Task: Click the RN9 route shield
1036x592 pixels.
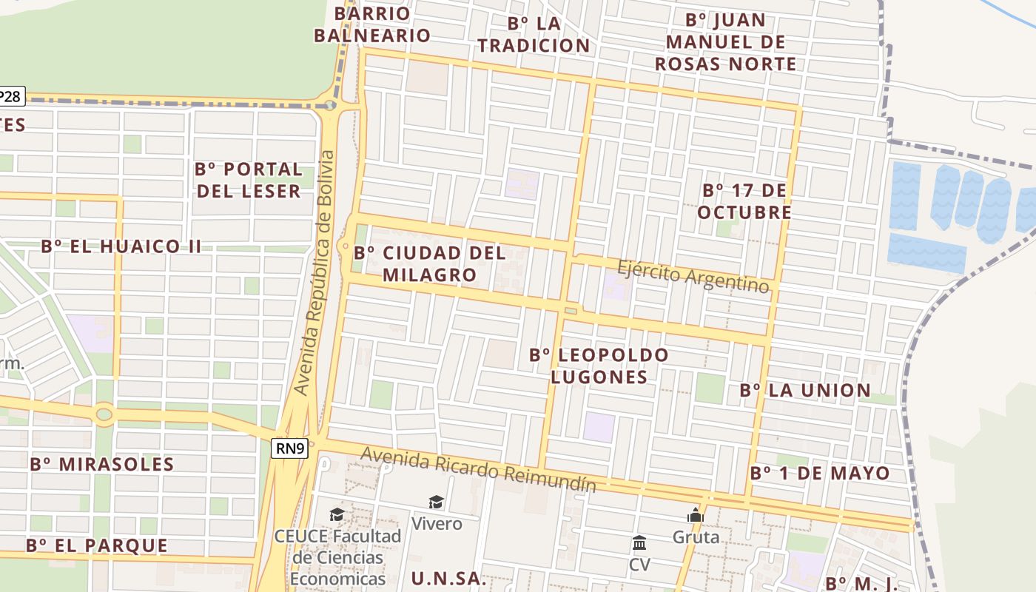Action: point(289,448)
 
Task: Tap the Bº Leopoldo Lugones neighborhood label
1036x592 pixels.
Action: point(599,366)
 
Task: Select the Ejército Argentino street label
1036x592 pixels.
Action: point(693,275)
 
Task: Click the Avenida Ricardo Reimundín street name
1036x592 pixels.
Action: point(479,469)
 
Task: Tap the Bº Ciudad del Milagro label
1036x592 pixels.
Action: point(430,263)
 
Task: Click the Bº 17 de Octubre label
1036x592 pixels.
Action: point(744,201)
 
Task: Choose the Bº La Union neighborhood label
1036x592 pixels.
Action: point(805,391)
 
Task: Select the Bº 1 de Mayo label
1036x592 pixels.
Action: point(820,473)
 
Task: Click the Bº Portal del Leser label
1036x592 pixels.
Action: point(249,180)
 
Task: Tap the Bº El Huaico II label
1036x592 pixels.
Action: point(121,246)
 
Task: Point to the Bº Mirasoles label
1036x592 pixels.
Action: point(101,465)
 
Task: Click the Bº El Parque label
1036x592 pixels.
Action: point(97,546)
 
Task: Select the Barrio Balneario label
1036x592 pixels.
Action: point(372,24)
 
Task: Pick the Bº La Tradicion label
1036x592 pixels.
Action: point(534,34)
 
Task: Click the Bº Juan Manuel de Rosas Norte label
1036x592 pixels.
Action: point(725,41)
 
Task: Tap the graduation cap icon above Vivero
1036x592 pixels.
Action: point(437,502)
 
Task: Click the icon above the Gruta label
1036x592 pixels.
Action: point(695,515)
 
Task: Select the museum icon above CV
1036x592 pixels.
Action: point(639,544)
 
